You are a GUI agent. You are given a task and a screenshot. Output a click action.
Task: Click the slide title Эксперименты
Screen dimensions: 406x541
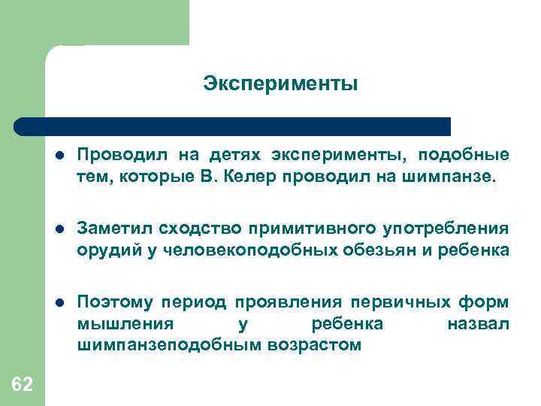[280, 84]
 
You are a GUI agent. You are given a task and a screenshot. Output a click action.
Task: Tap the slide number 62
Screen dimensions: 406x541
[23, 385]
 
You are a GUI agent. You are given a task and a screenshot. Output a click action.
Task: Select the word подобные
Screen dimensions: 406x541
[464, 156]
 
